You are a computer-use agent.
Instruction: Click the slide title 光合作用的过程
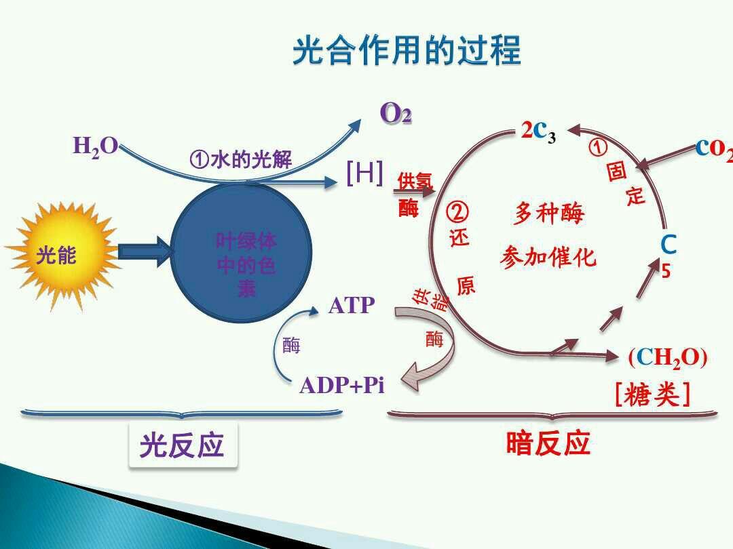pyautogui.click(x=407, y=52)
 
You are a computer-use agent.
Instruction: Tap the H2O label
pyautogui.click(x=95, y=146)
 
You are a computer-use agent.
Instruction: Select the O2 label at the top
pyautogui.click(x=396, y=113)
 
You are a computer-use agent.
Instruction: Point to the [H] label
pyautogui.click(x=364, y=174)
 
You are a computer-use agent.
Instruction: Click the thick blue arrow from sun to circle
pyautogui.click(x=145, y=251)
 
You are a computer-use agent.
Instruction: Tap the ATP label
pyautogui.click(x=351, y=306)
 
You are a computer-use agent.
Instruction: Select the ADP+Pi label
pyautogui.click(x=341, y=386)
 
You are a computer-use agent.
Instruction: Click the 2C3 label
pyautogui.click(x=538, y=131)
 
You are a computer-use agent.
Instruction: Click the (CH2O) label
pyautogui.click(x=667, y=357)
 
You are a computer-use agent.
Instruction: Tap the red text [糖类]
pyautogui.click(x=652, y=395)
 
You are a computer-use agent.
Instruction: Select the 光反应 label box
pyautogui.click(x=183, y=445)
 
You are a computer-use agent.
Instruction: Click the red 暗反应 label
pyautogui.click(x=548, y=443)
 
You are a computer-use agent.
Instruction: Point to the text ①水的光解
pyautogui.click(x=241, y=160)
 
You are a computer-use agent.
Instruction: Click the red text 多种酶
pyautogui.click(x=548, y=214)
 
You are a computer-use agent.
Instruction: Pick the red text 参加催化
pyautogui.click(x=548, y=257)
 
